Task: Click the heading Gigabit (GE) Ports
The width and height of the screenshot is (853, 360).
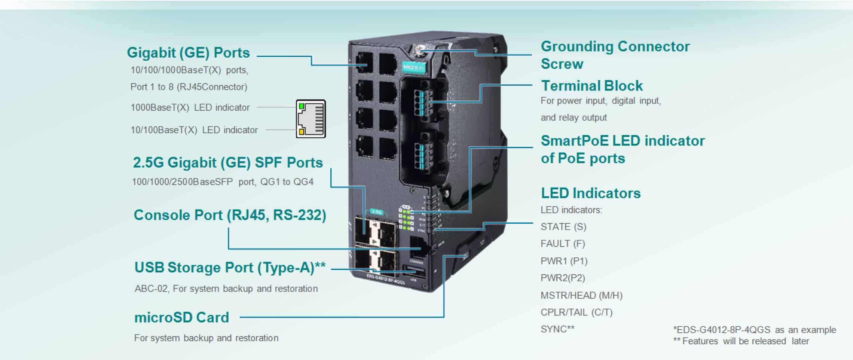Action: click(x=188, y=53)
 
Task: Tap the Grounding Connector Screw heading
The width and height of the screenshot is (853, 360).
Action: click(x=615, y=55)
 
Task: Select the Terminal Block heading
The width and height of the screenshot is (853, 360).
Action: click(x=591, y=86)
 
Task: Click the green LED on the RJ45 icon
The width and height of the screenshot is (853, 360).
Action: click(x=302, y=107)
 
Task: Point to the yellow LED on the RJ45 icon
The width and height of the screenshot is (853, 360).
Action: click(x=302, y=131)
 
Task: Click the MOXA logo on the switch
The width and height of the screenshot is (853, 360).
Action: click(x=413, y=67)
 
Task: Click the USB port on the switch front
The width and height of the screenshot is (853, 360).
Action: click(x=414, y=271)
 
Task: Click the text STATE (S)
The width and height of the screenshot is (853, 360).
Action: click(x=563, y=227)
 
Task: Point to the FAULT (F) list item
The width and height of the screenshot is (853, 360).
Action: click(x=562, y=244)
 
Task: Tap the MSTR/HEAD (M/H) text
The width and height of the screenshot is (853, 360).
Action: click(x=581, y=295)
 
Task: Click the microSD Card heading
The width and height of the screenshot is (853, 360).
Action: click(x=181, y=317)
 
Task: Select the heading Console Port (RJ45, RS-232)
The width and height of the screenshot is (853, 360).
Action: click(x=230, y=215)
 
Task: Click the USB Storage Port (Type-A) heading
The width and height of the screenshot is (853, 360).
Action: click(x=230, y=268)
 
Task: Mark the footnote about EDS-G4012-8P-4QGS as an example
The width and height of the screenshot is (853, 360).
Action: click(x=754, y=330)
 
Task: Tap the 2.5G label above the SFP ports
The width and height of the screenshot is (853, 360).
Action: click(x=376, y=212)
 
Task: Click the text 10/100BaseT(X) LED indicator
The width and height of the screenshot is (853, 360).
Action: click(x=194, y=130)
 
